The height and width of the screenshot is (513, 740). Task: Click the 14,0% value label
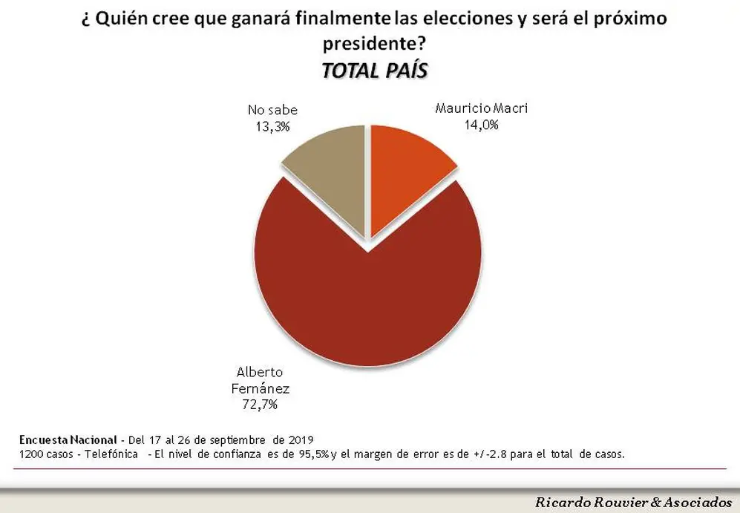[482, 125]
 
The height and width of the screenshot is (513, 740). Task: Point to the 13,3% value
[273, 126]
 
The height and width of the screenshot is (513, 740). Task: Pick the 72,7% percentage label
[260, 405]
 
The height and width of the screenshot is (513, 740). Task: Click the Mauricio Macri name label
[482, 108]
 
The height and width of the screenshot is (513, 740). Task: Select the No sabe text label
[273, 111]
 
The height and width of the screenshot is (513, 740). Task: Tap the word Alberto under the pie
[260, 372]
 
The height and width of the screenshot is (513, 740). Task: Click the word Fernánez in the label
[260, 388]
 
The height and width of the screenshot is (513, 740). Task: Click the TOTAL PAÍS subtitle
[375, 71]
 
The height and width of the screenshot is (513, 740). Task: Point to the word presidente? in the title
[375, 44]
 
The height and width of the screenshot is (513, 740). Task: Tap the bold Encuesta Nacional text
[68, 440]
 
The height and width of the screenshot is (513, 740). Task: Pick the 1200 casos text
[46, 454]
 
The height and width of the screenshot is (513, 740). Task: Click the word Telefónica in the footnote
[111, 454]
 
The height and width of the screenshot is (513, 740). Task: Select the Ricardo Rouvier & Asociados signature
[633, 502]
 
